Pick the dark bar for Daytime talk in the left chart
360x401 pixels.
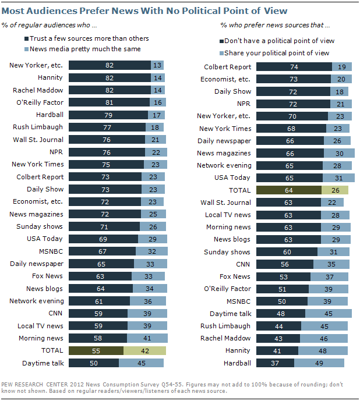(x=93, y=363)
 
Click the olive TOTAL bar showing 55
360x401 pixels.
(x=96, y=350)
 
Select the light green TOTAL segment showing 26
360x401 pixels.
(x=335, y=190)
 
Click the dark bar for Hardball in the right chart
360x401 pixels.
(x=275, y=363)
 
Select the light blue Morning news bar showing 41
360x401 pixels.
(x=147, y=338)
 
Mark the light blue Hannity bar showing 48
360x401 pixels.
(x=323, y=350)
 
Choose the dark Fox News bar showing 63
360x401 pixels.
(x=100, y=276)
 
